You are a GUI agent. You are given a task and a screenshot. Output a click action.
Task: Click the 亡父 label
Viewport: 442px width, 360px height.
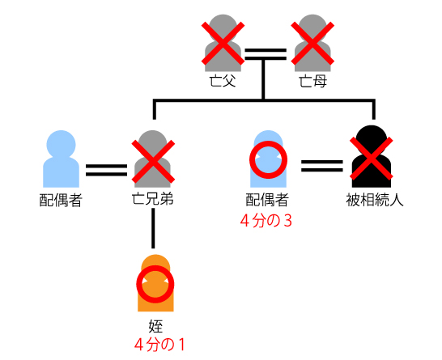point(223,81)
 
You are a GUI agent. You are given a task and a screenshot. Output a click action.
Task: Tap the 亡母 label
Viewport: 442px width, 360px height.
point(312,81)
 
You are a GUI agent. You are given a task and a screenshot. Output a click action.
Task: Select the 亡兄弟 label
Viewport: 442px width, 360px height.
point(152,199)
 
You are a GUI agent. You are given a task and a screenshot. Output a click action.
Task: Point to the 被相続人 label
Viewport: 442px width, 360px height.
point(375,200)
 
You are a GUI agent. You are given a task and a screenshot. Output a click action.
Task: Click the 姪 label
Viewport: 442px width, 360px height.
point(155,326)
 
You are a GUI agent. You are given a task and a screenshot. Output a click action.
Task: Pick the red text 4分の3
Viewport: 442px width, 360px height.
point(266,221)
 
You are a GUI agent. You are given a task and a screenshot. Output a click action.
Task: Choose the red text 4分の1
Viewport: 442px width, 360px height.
point(159,345)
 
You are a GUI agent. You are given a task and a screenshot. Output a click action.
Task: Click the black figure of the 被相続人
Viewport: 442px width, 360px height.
point(372,157)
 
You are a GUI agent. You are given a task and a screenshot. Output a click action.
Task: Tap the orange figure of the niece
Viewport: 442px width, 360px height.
point(155,283)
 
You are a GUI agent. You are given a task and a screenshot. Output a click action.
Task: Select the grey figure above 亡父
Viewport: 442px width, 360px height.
point(223,43)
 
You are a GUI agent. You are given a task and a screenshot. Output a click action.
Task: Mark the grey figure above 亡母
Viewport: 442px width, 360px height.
point(312,43)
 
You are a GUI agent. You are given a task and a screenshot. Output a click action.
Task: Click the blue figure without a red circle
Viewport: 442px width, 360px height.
point(61,159)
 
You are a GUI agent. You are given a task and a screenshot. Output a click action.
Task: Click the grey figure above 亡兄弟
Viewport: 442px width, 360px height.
point(152,159)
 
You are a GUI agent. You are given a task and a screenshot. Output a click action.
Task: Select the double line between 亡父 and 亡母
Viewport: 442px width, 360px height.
point(266,54)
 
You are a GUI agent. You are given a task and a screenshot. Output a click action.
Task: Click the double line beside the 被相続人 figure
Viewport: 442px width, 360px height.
point(322,166)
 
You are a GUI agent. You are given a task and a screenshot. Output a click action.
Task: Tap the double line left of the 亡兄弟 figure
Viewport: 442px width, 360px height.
point(107,170)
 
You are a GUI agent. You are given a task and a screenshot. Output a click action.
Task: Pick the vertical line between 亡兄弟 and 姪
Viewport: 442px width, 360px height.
point(153,228)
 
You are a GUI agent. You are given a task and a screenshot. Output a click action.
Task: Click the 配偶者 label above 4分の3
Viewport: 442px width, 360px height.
point(267,200)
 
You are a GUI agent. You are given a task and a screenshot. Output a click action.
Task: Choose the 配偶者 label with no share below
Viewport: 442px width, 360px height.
point(61,201)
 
